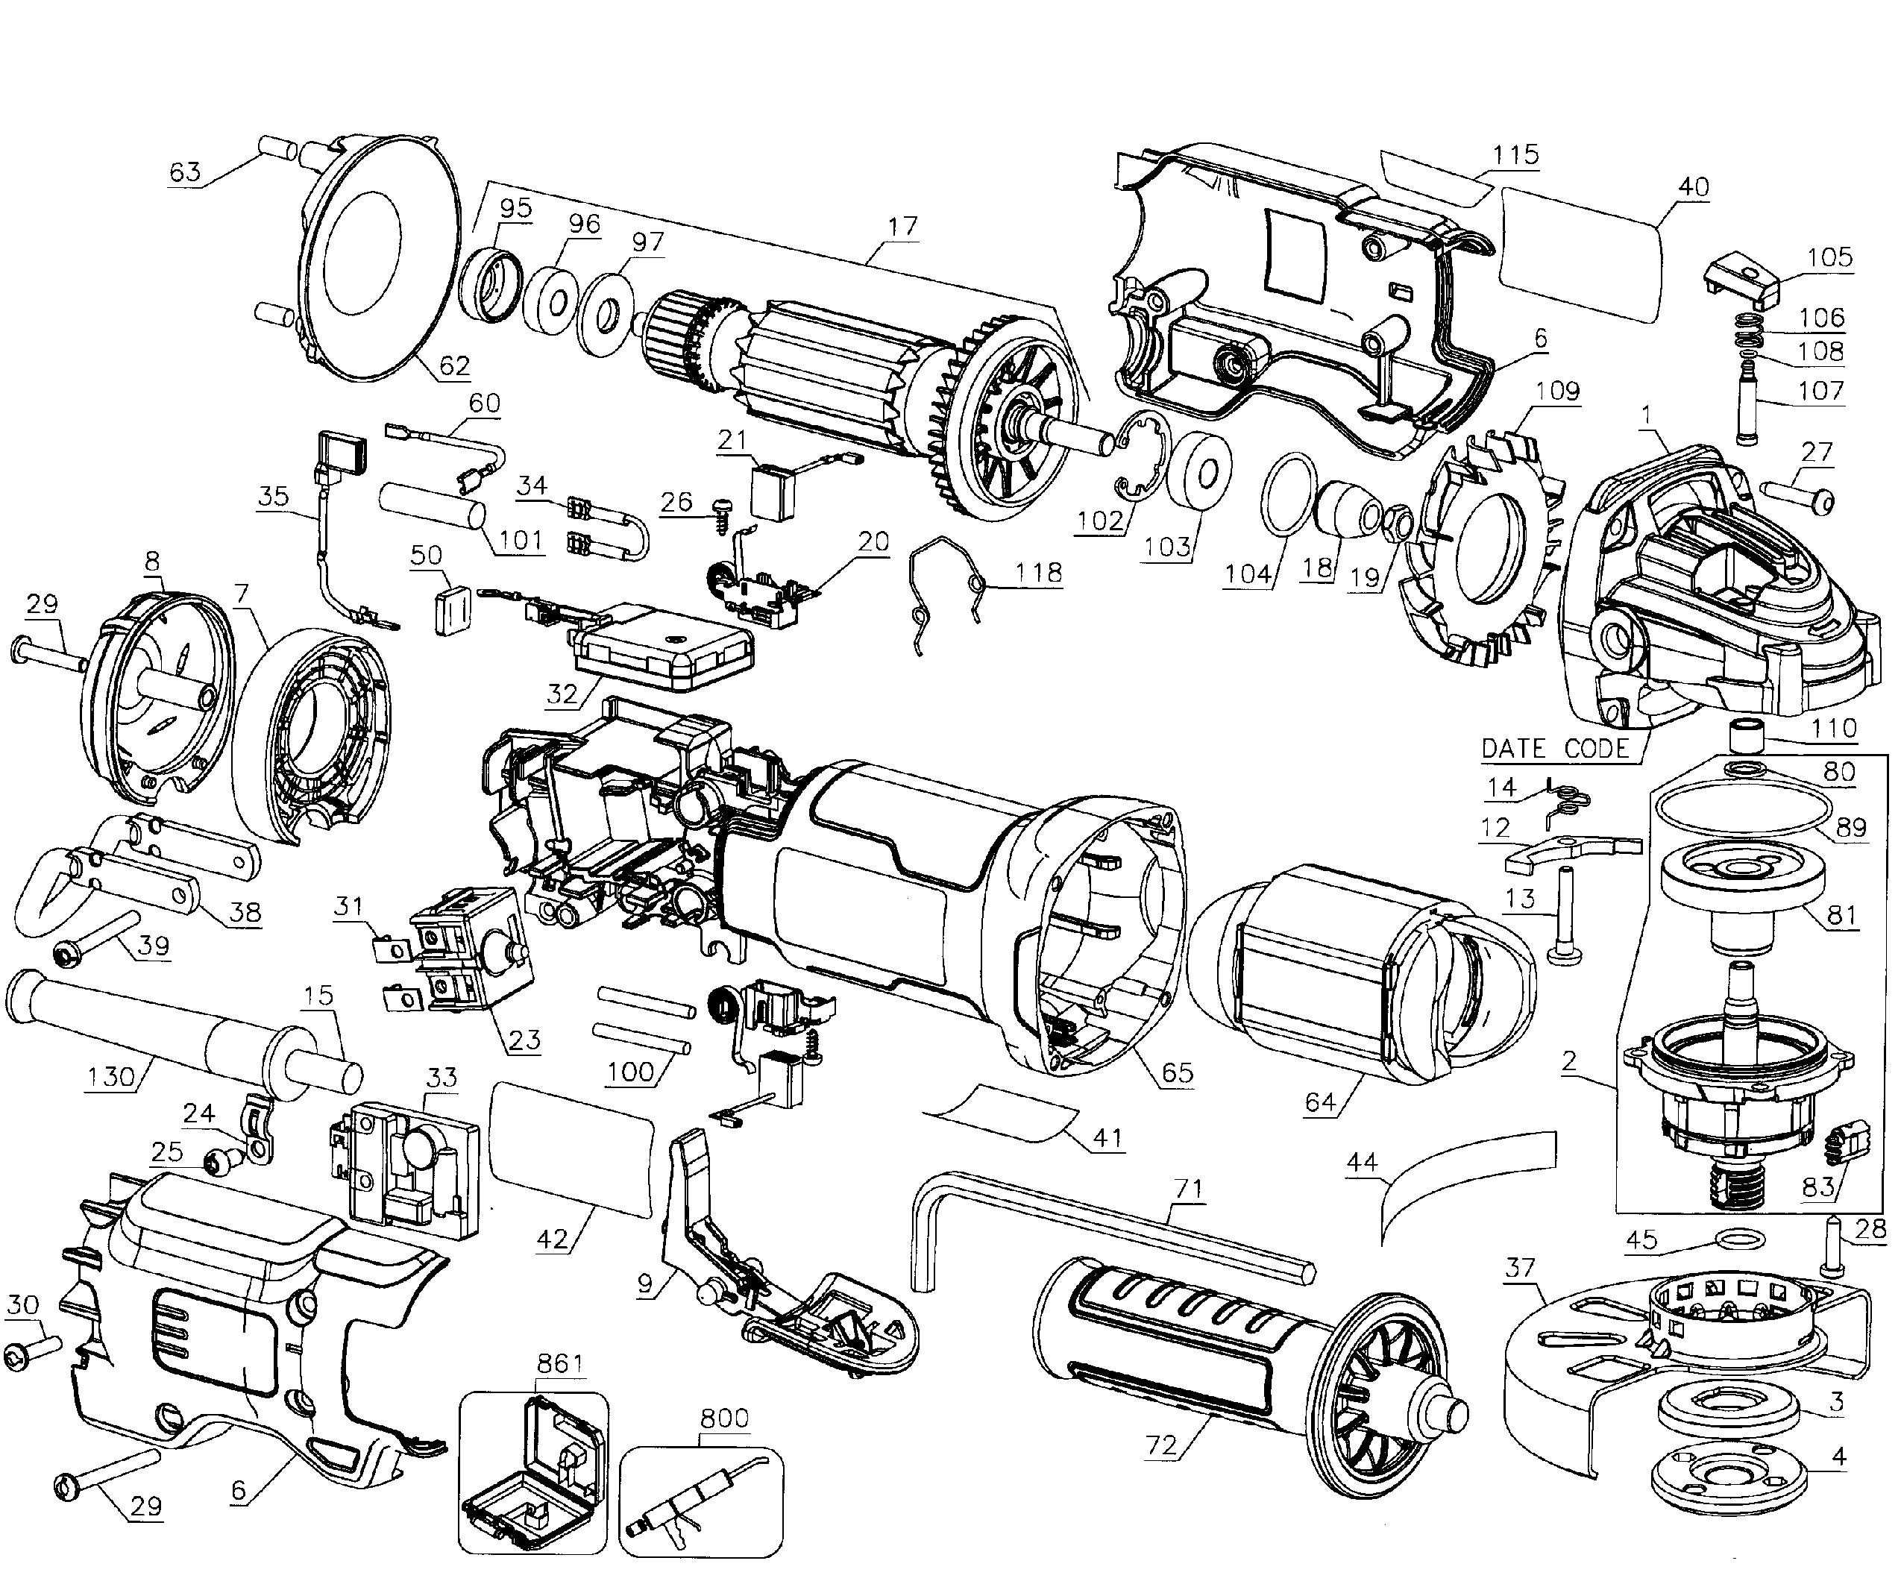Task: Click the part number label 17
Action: click(902, 227)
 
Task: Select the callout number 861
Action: click(559, 1363)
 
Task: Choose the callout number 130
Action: click(110, 1078)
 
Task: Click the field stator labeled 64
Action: click(1358, 973)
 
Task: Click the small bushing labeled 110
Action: click(1744, 735)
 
